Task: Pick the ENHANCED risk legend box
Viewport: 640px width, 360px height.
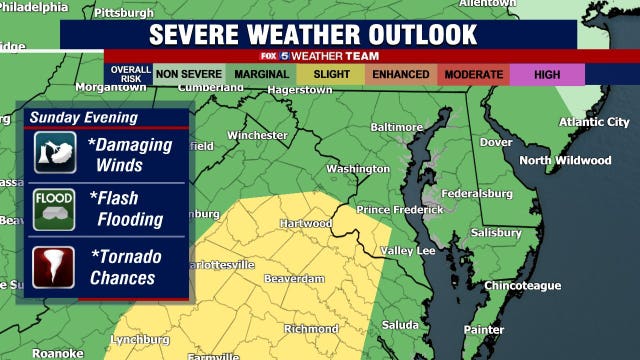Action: tap(400, 74)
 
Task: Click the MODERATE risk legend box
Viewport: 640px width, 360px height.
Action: tap(473, 74)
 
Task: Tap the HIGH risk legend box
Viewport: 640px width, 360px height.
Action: tap(547, 74)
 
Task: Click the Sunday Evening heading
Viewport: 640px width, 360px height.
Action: tap(83, 117)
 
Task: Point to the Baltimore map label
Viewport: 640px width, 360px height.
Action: tap(396, 128)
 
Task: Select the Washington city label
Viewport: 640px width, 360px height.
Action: tap(357, 169)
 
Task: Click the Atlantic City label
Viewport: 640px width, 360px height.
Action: tap(594, 122)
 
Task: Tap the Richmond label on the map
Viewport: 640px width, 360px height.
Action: tap(311, 328)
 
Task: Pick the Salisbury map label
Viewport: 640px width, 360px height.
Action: tap(496, 232)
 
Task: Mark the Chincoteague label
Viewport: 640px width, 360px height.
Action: tap(522, 286)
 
